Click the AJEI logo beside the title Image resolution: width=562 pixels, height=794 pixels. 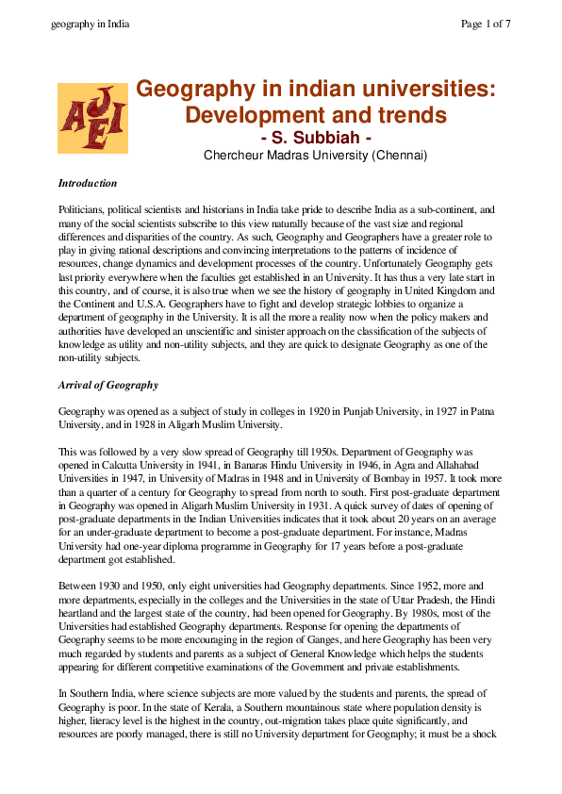pyautogui.click(x=92, y=118)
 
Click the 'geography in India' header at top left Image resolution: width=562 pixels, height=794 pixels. pyautogui.click(x=90, y=24)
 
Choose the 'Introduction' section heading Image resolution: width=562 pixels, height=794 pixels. pyautogui.click(x=88, y=183)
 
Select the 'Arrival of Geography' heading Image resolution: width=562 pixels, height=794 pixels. pyautogui.click(x=108, y=386)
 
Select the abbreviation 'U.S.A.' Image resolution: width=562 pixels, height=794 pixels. pyautogui.click(x=140, y=279)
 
